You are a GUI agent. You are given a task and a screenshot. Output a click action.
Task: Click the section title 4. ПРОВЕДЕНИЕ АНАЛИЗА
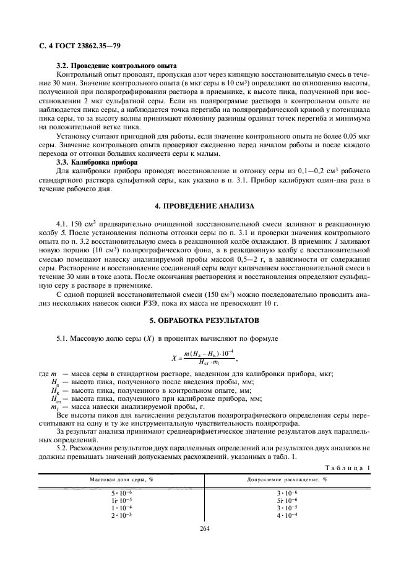coord(205,205)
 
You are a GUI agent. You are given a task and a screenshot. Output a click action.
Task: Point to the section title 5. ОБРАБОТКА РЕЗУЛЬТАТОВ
coord(205,320)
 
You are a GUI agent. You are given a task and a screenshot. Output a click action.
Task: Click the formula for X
coord(204,357)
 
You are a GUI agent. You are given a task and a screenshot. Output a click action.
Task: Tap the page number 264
coord(205,529)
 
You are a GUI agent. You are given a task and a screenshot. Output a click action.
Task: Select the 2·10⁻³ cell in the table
coord(118,515)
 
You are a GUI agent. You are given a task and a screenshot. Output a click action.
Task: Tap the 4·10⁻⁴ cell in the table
coord(287,515)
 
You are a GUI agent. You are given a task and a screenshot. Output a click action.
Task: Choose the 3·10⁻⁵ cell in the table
coord(287,507)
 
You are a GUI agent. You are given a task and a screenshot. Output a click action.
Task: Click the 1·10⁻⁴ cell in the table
coord(118,507)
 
